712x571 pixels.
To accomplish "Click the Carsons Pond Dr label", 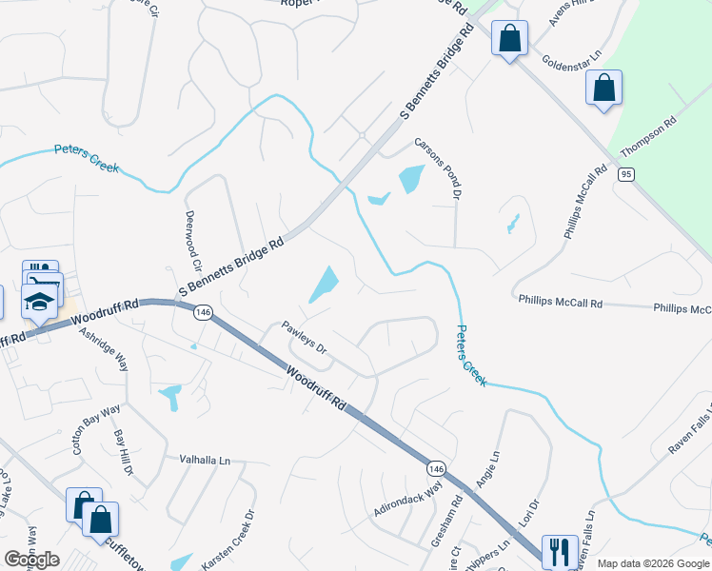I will pos(437,168).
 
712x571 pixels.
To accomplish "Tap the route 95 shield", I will pos(624,174).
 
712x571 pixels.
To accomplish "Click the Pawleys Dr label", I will pos(305,339).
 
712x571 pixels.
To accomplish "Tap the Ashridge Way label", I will pos(104,350).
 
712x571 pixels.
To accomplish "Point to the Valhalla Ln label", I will pos(206,460).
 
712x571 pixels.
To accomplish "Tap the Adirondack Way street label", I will pos(408,499).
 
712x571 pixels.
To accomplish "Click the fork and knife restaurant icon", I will pos(559,551).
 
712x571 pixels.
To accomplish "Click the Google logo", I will pos(31,560).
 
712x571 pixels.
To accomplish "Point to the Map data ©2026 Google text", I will pos(653,563).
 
